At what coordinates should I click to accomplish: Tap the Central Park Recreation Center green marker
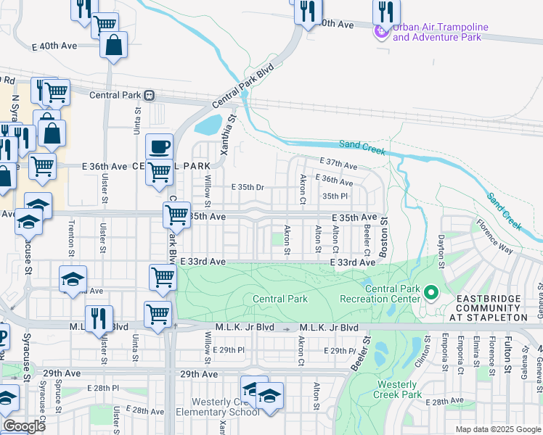pyautogui.click(x=431, y=294)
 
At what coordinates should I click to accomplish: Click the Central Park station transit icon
pyautogui.click(x=149, y=95)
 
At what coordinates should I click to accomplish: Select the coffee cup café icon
pyautogui.click(x=159, y=146)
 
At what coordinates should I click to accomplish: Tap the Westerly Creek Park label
pyautogui.click(x=397, y=389)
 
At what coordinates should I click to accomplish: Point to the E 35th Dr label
pyautogui.click(x=247, y=187)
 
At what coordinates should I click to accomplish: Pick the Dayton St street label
pyautogui.click(x=441, y=243)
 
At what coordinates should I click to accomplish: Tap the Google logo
pyautogui.click(x=23, y=426)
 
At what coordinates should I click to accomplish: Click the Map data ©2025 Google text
pyautogui.click(x=497, y=429)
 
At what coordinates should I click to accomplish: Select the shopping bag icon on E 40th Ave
pyautogui.click(x=114, y=46)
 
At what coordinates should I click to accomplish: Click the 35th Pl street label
pyautogui.click(x=335, y=196)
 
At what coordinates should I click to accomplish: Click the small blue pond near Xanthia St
pyautogui.click(x=208, y=125)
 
